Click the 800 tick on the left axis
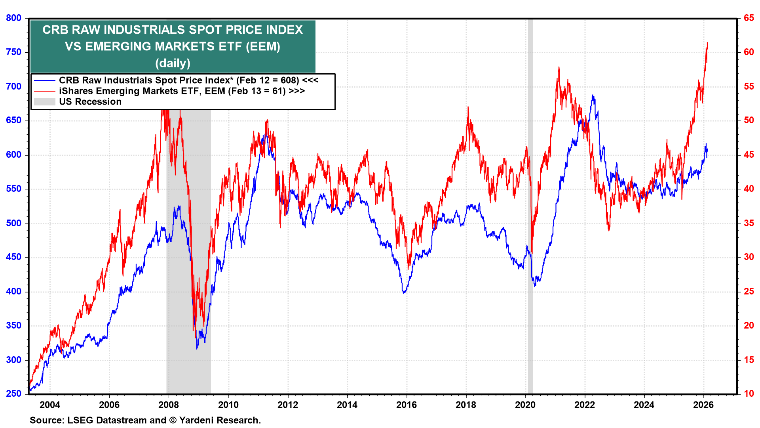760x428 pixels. (x=13, y=18)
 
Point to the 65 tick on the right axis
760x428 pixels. (x=749, y=18)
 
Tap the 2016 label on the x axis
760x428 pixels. (x=407, y=405)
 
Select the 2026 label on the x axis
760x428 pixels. (x=703, y=405)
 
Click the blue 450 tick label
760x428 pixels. (x=13, y=257)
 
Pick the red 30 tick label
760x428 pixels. (x=749, y=257)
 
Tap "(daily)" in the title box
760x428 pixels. (x=173, y=63)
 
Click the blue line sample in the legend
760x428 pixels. (x=44, y=80)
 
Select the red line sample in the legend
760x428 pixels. (x=44, y=91)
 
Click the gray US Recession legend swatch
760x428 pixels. (x=44, y=102)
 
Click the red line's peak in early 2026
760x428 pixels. (x=707, y=43)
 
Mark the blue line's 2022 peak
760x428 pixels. (x=593, y=96)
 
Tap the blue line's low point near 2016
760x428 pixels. (x=404, y=292)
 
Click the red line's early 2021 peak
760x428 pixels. (x=559, y=67)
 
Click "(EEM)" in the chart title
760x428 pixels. (x=263, y=47)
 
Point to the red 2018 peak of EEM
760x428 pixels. (x=468, y=107)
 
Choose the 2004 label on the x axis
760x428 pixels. (x=50, y=405)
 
